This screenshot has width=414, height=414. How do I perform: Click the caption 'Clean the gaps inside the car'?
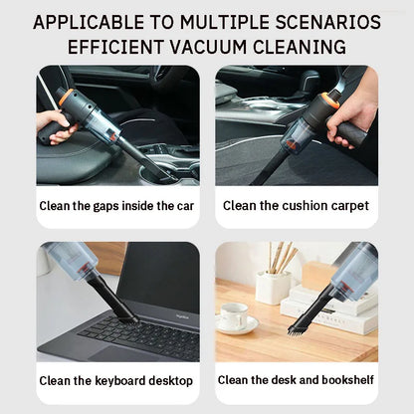click(x=116, y=206)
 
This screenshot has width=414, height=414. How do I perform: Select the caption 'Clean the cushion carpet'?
click(x=296, y=206)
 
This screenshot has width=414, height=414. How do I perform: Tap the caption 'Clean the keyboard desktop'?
click(x=116, y=380)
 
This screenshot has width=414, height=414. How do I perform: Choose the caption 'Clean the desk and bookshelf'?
click(x=296, y=380)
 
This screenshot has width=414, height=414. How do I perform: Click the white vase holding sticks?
click(x=273, y=287)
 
